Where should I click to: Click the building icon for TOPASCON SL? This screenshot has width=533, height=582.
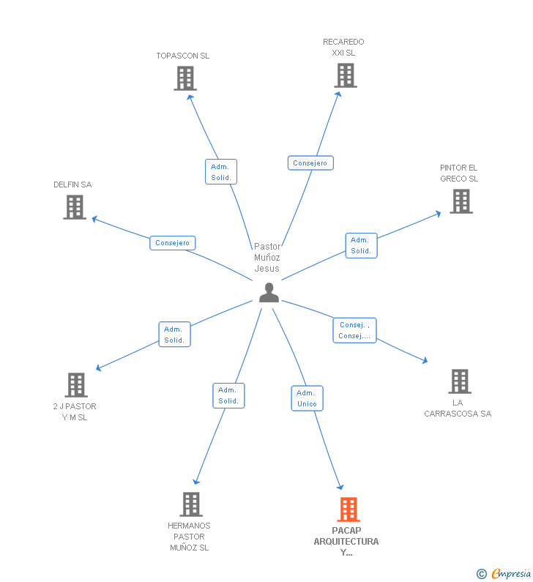tap(185, 78)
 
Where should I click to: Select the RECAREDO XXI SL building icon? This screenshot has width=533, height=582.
tap(346, 75)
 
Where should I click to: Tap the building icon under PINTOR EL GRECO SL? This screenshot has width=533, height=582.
tap(461, 201)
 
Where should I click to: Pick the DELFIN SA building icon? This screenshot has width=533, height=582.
tap(75, 207)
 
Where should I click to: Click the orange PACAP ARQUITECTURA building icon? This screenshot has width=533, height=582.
tap(348, 510)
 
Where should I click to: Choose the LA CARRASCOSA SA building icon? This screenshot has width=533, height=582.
tap(459, 381)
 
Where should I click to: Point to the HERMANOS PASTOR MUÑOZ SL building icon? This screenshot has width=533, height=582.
tap(191, 504)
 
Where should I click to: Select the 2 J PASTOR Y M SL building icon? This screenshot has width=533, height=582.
tap(76, 385)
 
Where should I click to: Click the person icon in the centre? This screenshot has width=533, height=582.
tap(269, 293)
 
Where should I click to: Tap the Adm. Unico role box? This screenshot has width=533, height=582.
tap(307, 398)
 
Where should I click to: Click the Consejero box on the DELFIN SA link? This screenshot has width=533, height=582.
tap(173, 243)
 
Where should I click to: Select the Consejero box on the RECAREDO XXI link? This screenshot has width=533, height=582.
tap(310, 163)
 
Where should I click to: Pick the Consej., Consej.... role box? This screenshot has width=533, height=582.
tap(354, 330)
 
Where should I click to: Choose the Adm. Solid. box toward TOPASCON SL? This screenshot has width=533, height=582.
tap(220, 172)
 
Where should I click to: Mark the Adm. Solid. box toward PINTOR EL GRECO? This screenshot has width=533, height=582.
tap(361, 245)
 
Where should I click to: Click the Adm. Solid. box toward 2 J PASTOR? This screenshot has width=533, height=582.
tap(174, 335)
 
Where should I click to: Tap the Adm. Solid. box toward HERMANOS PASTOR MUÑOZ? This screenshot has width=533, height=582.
tap(228, 395)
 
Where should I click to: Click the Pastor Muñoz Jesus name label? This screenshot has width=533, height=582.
tap(267, 258)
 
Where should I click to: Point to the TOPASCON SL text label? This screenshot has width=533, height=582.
tap(183, 56)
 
